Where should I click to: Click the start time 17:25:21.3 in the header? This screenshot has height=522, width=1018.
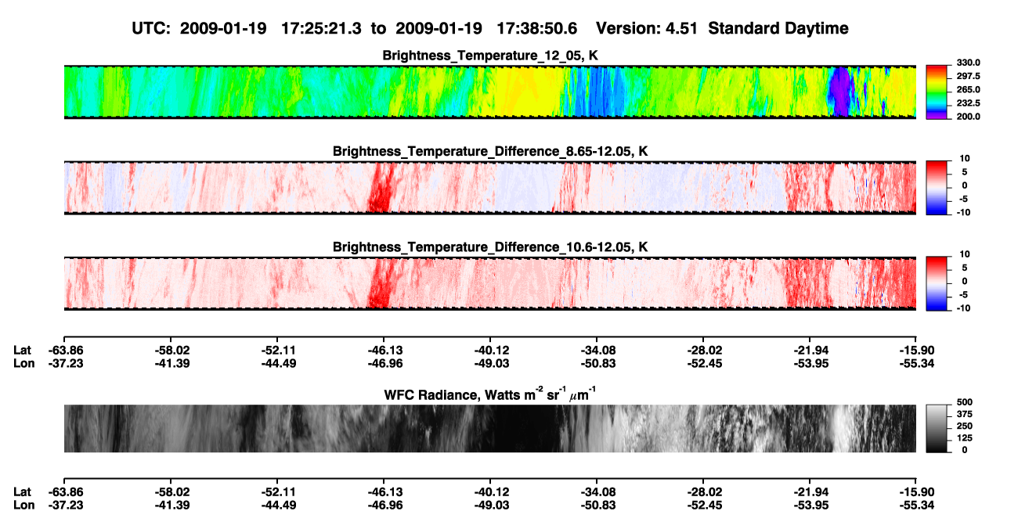click(x=321, y=29)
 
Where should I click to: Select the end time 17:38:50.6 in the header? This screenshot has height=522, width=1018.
click(x=536, y=29)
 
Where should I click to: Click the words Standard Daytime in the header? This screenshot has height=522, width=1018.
click(x=778, y=29)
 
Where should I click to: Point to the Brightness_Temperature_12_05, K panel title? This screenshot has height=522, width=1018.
click(x=490, y=56)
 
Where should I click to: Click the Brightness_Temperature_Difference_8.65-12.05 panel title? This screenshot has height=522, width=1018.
click(x=490, y=151)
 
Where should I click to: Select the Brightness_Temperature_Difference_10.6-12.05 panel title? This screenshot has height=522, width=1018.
click(x=490, y=247)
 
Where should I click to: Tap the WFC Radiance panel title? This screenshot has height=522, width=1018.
click(x=490, y=394)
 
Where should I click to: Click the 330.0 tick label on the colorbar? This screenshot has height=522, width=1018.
click(x=968, y=63)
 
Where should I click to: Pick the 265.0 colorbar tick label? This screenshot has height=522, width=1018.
click(x=968, y=89)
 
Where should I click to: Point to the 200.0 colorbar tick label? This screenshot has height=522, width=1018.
click(x=968, y=117)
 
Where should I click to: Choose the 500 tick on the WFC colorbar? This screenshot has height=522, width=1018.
click(x=965, y=402)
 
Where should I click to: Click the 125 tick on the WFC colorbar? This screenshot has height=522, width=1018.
click(x=965, y=438)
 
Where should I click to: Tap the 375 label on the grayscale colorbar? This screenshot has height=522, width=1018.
click(x=965, y=414)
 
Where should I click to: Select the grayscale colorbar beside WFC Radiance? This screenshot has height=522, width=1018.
click(x=937, y=428)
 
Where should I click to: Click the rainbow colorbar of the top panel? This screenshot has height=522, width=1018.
click(x=937, y=92)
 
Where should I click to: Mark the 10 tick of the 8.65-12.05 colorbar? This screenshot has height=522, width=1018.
click(x=965, y=159)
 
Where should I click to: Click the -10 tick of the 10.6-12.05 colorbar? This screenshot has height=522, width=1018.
click(x=963, y=308)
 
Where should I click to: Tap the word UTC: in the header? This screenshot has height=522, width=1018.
click(x=151, y=29)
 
